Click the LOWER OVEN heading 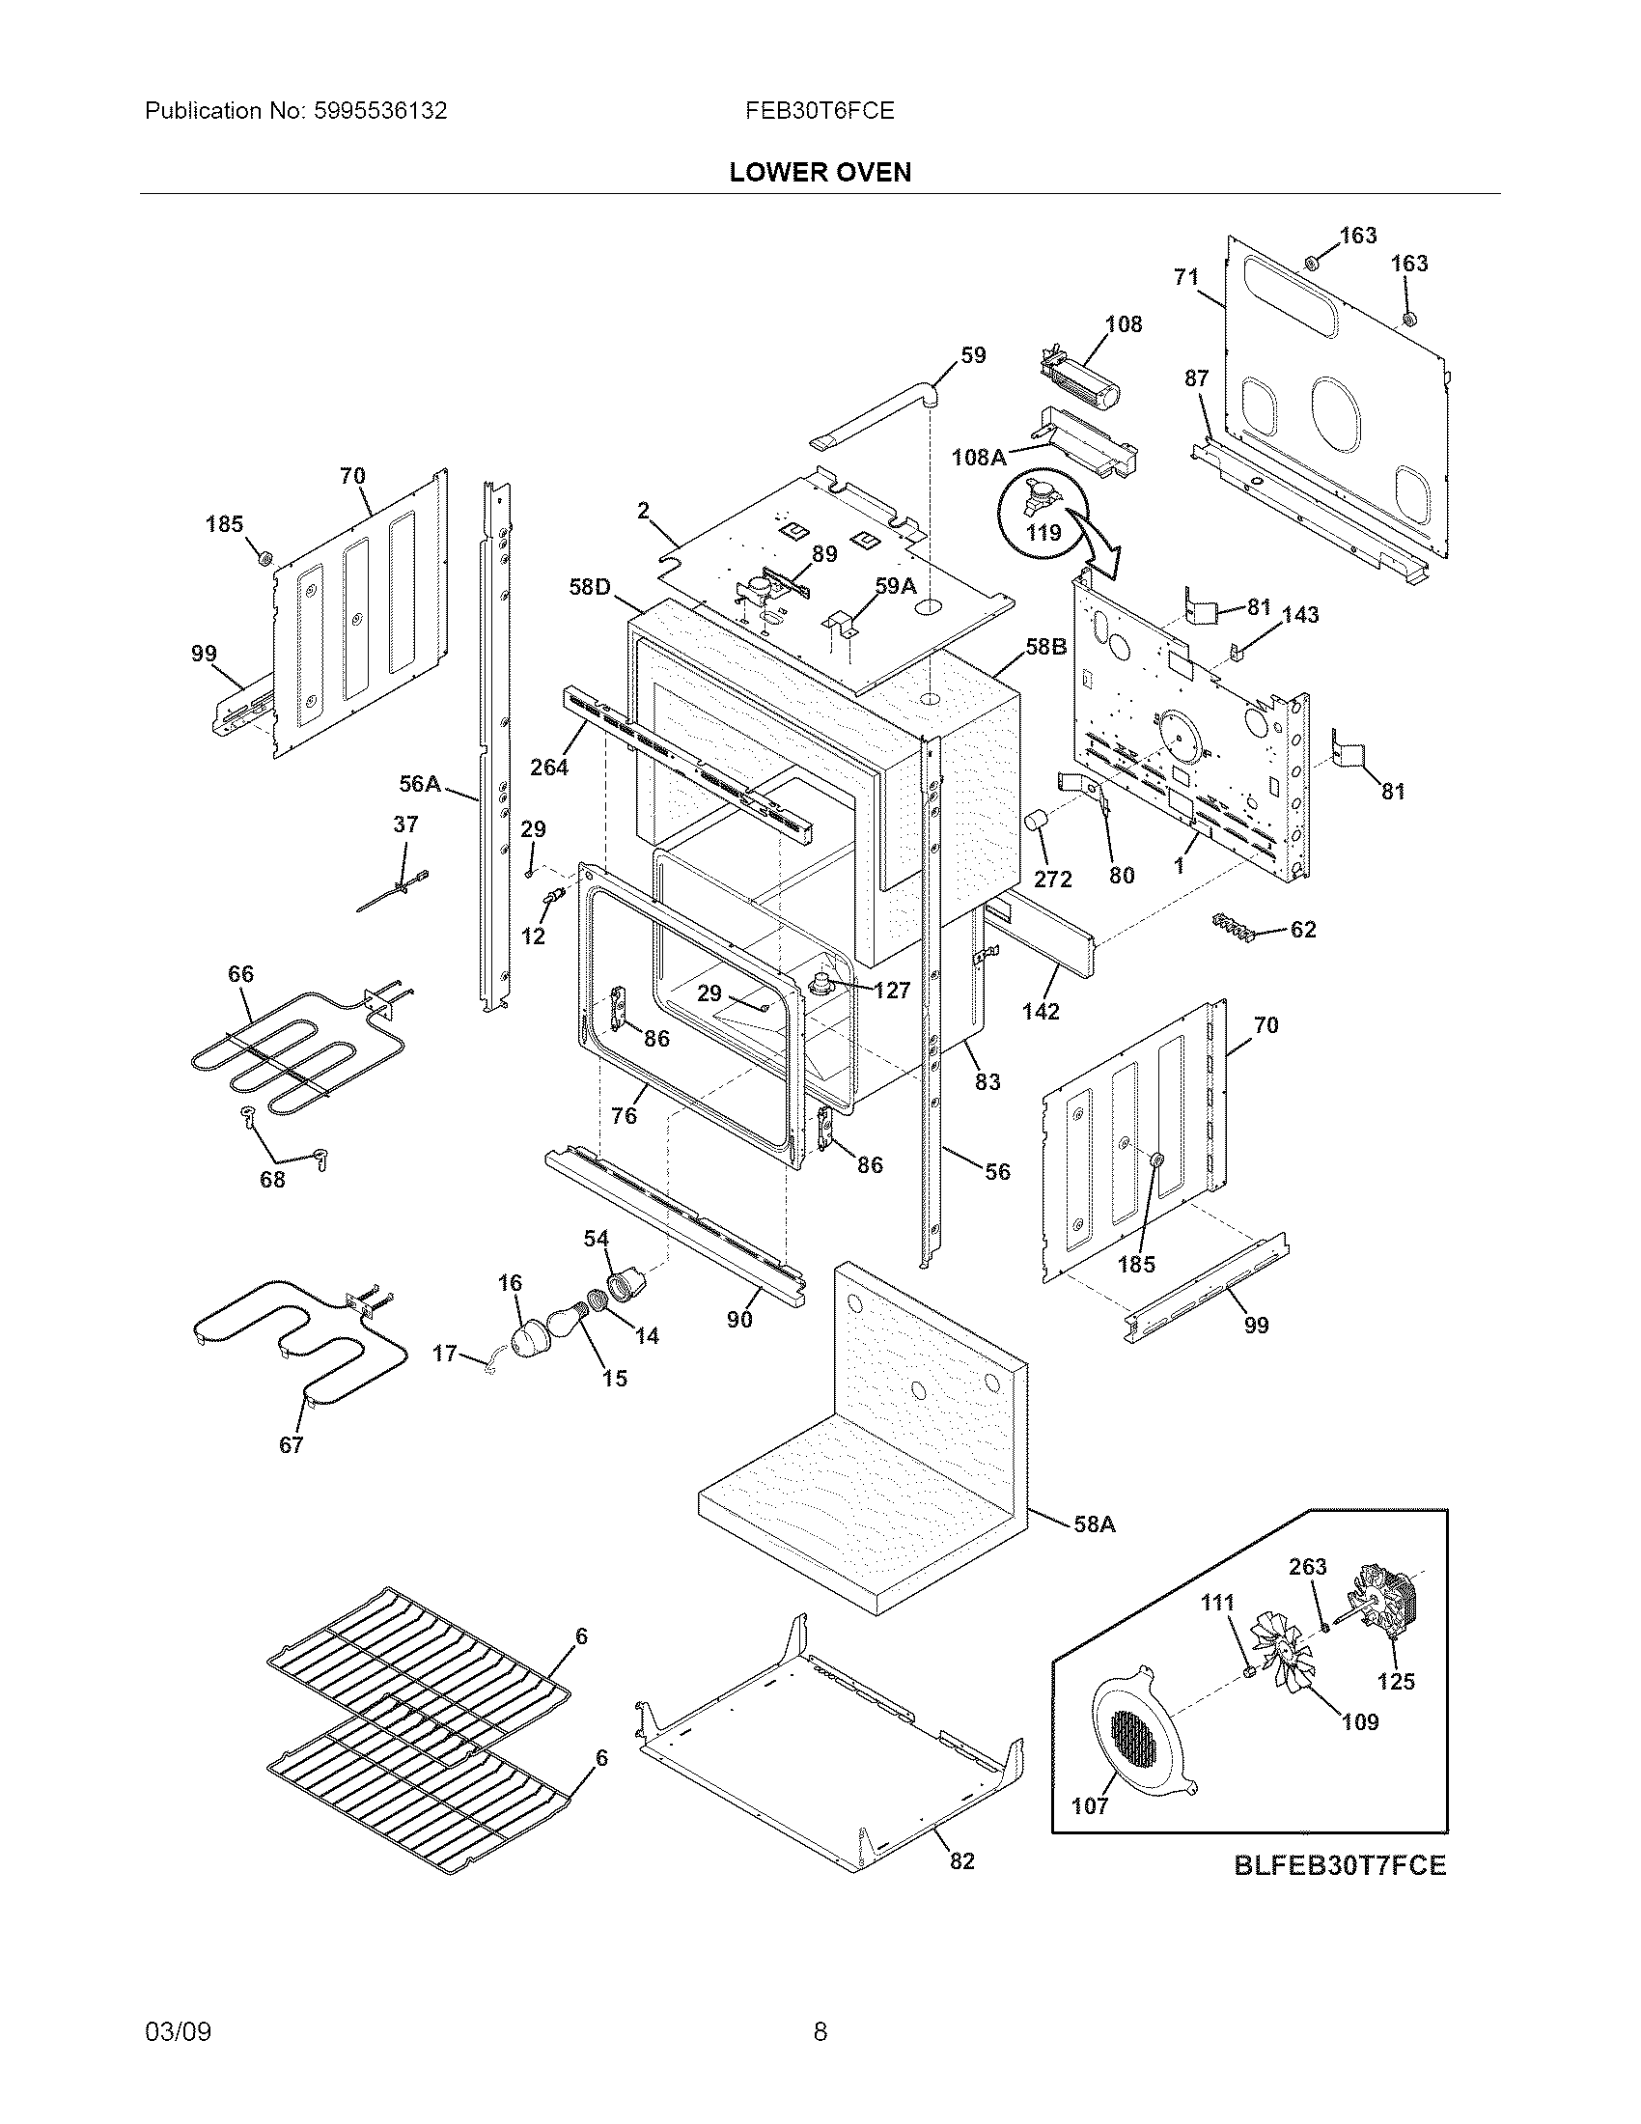(x=820, y=173)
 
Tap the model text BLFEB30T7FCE (x=1340, y=1865)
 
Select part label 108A (x=978, y=456)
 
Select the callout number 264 (x=548, y=768)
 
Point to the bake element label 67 (x=292, y=1444)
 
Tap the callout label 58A (x=1094, y=1523)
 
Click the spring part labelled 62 (x=1235, y=929)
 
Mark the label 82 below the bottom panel (x=960, y=1860)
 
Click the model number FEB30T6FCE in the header (x=820, y=111)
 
